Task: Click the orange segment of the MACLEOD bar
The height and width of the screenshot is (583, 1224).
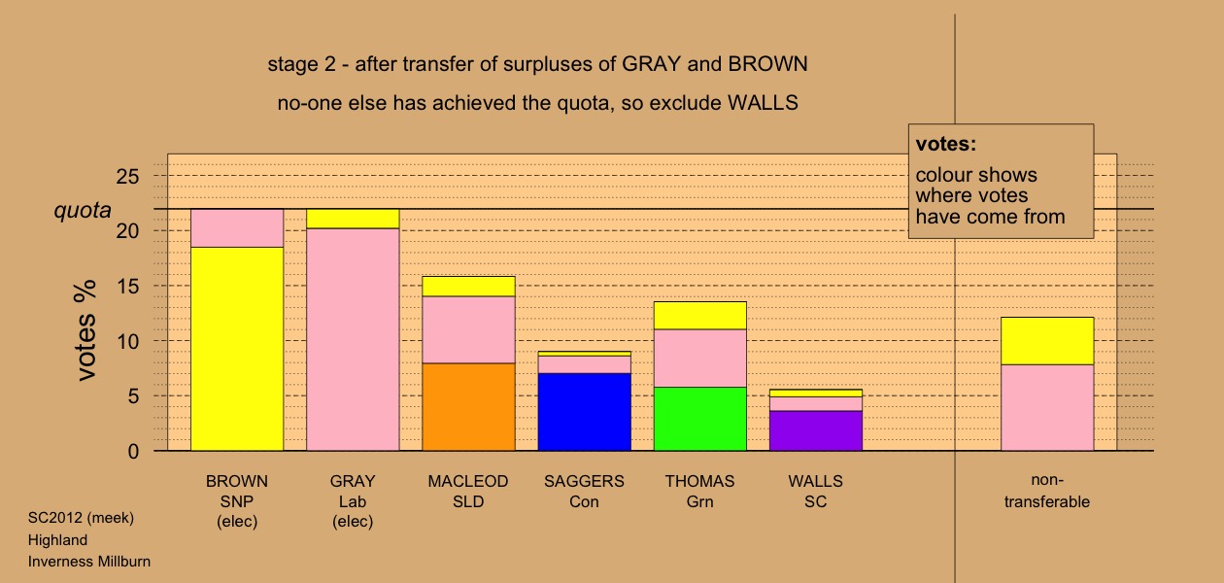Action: [468, 406]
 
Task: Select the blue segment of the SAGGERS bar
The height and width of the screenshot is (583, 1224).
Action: [584, 412]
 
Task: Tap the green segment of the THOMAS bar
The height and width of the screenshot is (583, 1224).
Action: [700, 419]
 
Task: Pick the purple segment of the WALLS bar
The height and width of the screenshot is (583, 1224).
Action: [816, 430]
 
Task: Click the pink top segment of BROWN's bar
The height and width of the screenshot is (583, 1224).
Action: [237, 228]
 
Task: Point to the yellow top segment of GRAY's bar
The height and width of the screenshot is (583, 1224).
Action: [353, 219]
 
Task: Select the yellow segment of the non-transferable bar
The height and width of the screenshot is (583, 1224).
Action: [1047, 341]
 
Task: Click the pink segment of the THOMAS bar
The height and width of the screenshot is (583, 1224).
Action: [700, 359]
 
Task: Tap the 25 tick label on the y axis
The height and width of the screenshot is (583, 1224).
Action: [127, 177]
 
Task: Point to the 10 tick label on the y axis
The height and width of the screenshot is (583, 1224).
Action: [127, 341]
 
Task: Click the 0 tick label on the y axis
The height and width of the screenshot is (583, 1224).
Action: [133, 451]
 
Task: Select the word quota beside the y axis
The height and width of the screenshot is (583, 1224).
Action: [83, 210]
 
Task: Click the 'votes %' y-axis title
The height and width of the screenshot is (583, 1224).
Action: [85, 330]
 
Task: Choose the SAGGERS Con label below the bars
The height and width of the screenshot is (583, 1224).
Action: [584, 492]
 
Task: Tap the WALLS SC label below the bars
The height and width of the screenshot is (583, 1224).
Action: [815, 492]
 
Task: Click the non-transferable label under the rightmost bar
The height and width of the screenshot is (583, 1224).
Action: [1047, 491]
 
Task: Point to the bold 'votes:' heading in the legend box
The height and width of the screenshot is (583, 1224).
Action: [946, 144]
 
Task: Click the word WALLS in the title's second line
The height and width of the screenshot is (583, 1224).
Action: [763, 103]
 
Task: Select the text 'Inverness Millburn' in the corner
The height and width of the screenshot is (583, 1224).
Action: [89, 562]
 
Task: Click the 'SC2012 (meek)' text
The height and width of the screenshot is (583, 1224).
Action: [81, 518]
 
